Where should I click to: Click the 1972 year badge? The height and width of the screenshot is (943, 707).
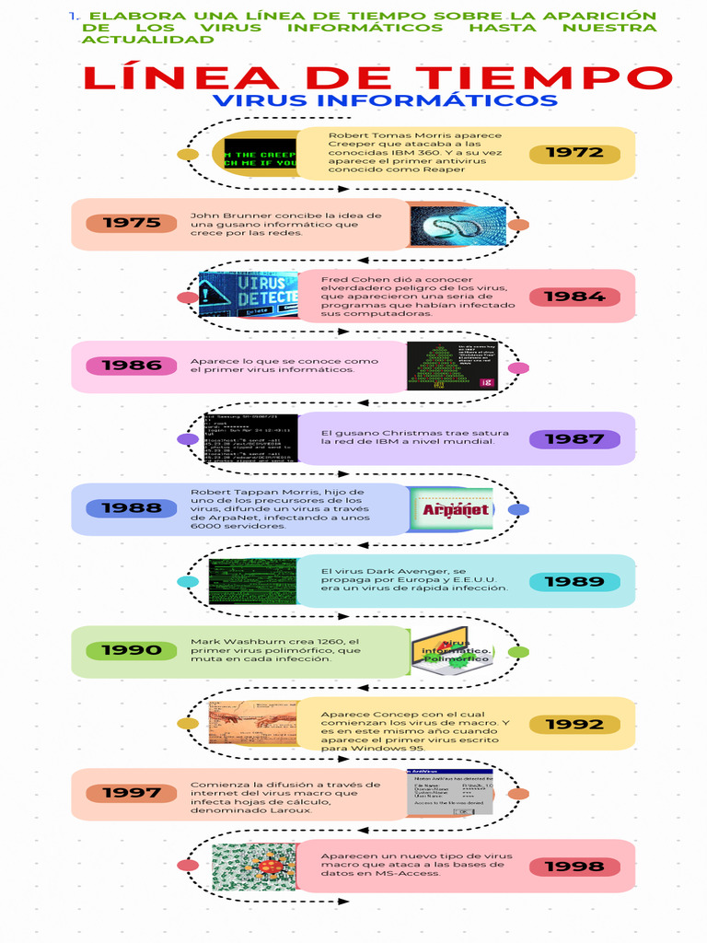574,153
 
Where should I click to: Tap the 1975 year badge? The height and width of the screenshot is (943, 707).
132,223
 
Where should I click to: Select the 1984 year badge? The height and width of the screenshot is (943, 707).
574,297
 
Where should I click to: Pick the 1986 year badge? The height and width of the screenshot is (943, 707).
132,366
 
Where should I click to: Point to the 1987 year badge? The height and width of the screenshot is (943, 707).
574,439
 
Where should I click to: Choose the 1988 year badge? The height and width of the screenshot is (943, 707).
132,508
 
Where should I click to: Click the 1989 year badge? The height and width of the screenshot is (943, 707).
574,582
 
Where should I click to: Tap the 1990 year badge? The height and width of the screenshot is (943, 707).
132,651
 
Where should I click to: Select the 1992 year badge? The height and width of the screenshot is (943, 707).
574,725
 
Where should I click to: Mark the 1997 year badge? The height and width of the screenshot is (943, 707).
132,793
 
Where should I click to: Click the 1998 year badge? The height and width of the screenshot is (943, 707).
574,867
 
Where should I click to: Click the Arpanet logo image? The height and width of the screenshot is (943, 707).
455,509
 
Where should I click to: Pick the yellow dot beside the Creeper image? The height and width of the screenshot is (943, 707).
188,154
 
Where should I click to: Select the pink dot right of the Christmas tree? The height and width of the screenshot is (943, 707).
518,368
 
